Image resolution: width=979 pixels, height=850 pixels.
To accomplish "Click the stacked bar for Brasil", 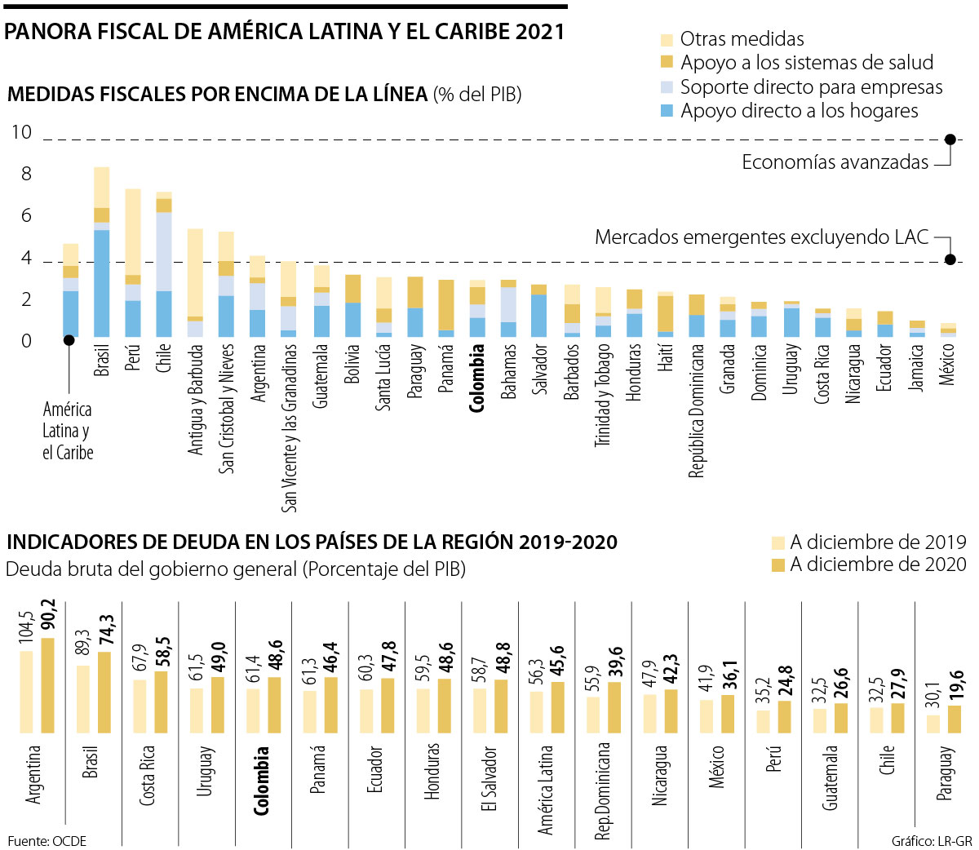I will [102, 252].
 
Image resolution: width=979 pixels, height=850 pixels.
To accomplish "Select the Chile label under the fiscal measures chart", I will [164, 358].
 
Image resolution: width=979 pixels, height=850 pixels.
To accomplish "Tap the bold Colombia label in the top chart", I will [478, 377].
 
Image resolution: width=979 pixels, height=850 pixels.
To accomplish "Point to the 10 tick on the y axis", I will [20, 132].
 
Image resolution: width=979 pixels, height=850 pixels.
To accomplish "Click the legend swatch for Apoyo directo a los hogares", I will [667, 111].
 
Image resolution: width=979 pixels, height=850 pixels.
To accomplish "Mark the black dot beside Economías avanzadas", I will [950, 139].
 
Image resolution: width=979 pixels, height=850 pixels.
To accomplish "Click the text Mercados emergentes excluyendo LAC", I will [761, 237].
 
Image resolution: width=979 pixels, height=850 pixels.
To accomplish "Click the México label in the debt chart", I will [717, 767].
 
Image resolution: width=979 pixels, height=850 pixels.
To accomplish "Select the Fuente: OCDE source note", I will [47, 841].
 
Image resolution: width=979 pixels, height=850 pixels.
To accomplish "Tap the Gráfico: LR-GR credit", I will [932, 841].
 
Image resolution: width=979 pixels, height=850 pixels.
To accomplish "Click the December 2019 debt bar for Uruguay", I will [197, 711].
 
